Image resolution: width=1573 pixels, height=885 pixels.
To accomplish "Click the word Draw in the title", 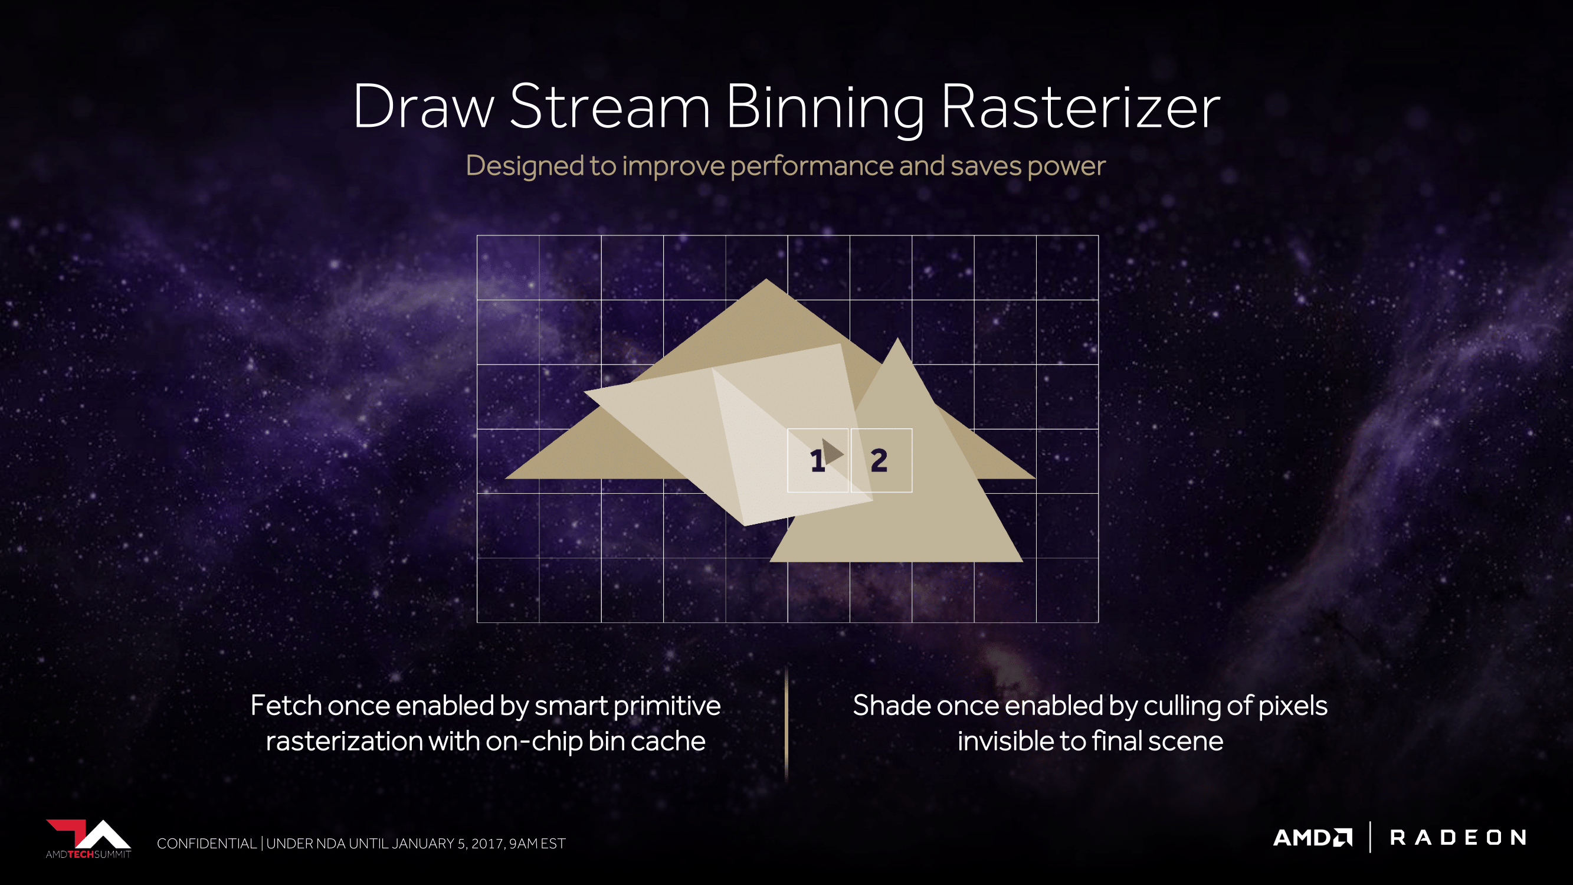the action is (x=424, y=106).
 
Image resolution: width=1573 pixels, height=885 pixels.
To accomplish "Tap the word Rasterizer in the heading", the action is (x=1081, y=106).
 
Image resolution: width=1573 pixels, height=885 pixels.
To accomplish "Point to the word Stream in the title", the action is (x=610, y=106).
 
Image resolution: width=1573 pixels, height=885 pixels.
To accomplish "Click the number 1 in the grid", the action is (x=817, y=461).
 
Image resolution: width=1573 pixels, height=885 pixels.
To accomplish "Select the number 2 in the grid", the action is (x=879, y=461).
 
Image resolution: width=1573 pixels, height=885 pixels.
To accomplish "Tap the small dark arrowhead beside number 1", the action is (x=833, y=452).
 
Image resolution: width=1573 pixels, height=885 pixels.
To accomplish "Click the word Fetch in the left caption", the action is (x=286, y=706).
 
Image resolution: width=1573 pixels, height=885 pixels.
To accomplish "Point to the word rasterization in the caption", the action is (x=344, y=741).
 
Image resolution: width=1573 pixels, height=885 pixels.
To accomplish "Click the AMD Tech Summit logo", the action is (x=89, y=838).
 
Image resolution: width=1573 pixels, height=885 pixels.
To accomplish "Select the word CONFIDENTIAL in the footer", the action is (x=207, y=844).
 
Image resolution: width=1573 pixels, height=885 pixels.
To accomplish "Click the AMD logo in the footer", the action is (x=1313, y=837).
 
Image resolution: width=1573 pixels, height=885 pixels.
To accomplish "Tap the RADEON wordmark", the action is (x=1458, y=837).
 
